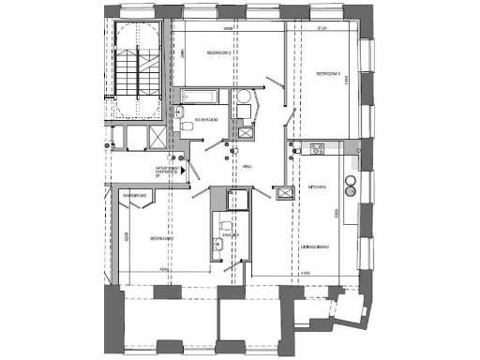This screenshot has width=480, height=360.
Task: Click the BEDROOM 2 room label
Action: (x=219, y=53)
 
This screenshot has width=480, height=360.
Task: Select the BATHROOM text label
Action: (x=207, y=121)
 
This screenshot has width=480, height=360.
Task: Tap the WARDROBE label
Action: (x=135, y=195)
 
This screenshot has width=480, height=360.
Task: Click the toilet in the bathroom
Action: (x=187, y=125)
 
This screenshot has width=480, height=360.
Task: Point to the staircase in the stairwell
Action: (x=137, y=70)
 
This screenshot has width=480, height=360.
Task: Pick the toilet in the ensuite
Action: (x=222, y=228)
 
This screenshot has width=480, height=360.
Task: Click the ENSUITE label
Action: (x=232, y=235)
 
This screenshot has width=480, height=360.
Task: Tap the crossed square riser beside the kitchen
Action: (x=282, y=191)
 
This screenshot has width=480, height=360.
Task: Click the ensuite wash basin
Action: (x=217, y=246)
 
